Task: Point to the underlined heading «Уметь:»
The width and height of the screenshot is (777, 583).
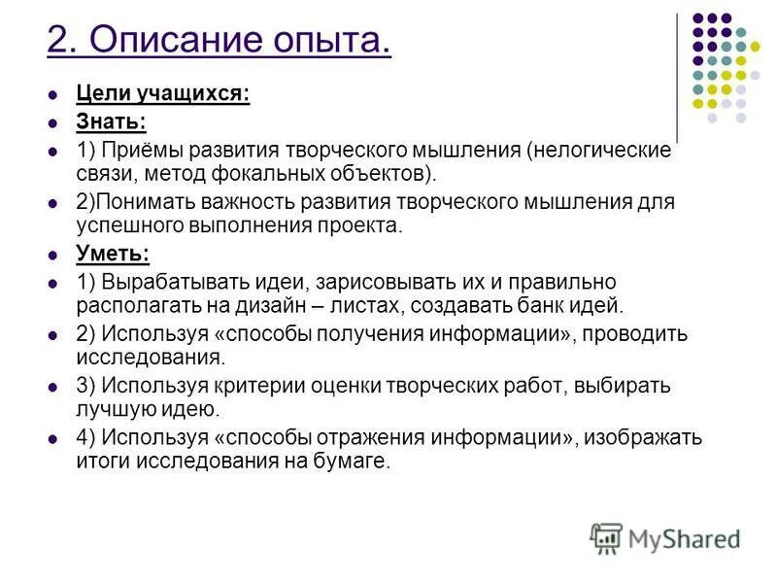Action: [113, 254]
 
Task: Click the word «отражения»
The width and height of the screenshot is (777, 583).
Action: [355, 437]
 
